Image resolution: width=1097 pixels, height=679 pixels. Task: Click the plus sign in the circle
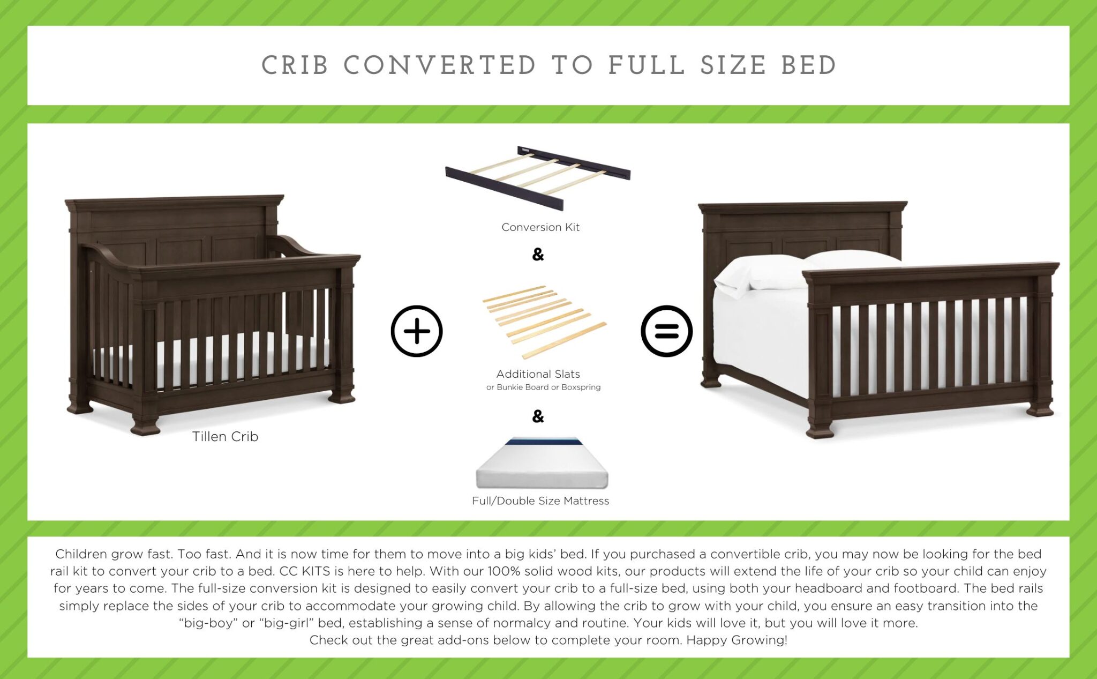[x=417, y=331]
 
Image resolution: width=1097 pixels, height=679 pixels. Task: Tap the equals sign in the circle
[x=666, y=331]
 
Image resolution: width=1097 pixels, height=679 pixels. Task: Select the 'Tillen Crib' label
[x=225, y=437]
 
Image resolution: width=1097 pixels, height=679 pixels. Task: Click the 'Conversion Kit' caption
[x=540, y=227]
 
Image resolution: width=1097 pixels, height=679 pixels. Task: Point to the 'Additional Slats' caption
[x=538, y=374]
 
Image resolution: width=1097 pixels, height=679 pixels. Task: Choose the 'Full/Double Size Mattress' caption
[x=540, y=501]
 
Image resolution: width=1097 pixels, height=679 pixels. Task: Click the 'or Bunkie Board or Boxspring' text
[x=543, y=387]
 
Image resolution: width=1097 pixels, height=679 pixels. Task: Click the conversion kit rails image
[x=538, y=176]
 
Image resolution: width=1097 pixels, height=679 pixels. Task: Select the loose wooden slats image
[x=543, y=320]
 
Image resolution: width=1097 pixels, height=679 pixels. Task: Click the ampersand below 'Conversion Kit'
[x=538, y=254]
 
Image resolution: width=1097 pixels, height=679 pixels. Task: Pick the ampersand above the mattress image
[x=538, y=416]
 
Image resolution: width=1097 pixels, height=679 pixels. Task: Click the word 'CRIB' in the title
[x=295, y=66]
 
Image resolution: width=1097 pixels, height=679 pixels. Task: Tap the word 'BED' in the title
[x=808, y=66]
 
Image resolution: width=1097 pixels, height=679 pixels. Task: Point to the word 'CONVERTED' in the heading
[x=439, y=66]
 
